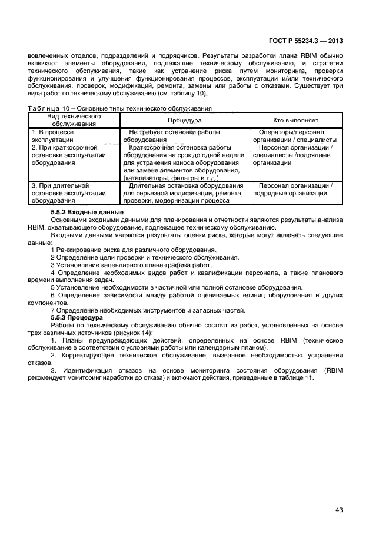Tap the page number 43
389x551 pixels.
(x=339, y=510)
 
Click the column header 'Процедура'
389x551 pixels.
(x=185, y=120)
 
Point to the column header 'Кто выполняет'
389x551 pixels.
(x=295, y=120)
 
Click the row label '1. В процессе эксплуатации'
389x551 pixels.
(x=54, y=136)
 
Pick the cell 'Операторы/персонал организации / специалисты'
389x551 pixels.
(x=295, y=136)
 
